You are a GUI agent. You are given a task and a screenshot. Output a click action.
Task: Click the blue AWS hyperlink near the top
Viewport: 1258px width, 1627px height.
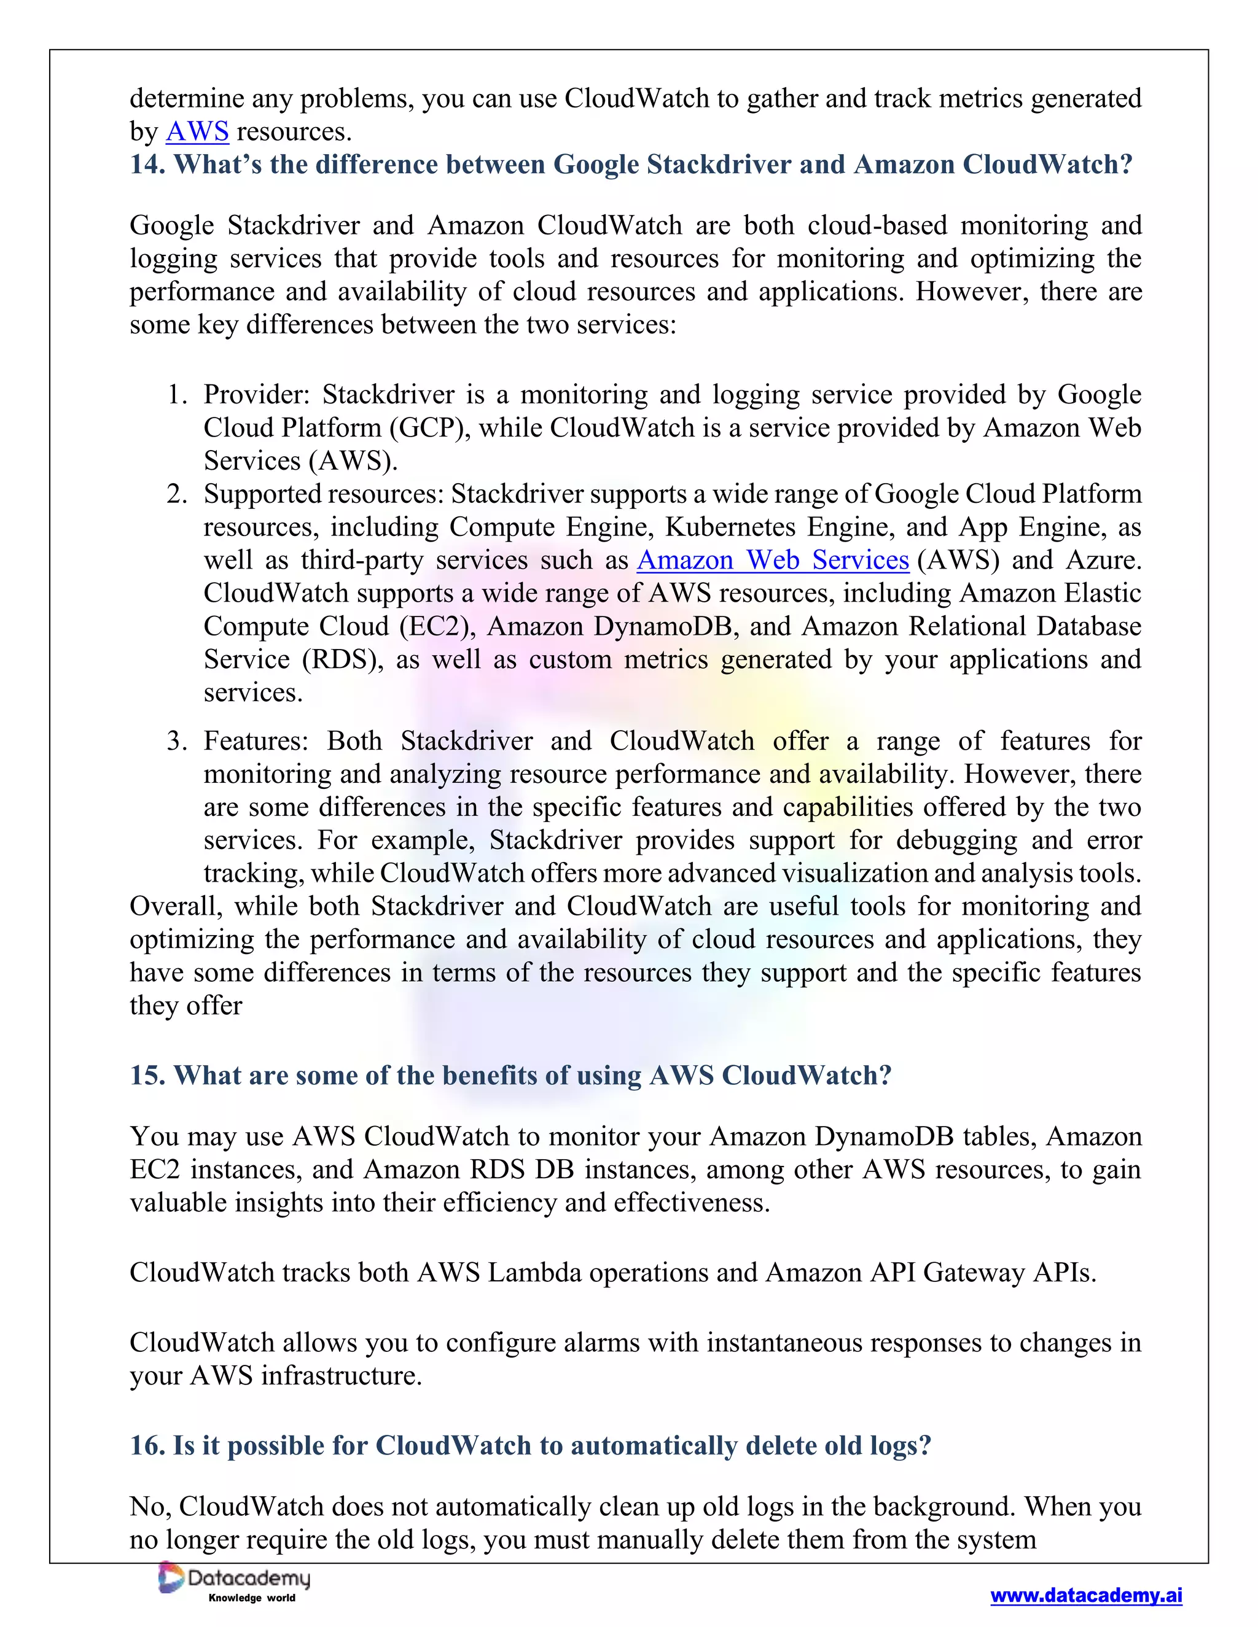[197, 132]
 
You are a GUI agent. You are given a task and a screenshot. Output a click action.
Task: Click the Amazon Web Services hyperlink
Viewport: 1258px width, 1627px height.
[773, 560]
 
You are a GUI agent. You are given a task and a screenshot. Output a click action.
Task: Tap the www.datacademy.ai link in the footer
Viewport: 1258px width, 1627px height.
[1086, 1595]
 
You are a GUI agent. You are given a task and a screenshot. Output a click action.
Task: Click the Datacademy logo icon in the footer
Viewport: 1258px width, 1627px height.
[171, 1578]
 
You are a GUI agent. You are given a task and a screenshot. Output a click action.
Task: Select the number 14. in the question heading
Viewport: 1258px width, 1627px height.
[147, 165]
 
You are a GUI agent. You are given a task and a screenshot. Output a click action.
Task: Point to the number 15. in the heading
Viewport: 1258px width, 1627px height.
[147, 1076]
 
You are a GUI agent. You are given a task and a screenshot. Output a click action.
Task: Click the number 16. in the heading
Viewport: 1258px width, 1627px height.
[147, 1445]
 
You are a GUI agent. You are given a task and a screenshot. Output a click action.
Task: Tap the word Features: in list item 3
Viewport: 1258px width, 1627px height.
[256, 741]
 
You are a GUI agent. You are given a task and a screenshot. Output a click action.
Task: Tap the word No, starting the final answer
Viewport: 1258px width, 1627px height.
[151, 1506]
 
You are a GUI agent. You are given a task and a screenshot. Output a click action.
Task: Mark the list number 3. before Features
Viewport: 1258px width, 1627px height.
[177, 741]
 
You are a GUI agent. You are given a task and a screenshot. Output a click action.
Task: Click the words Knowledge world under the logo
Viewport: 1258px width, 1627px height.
[251, 1598]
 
